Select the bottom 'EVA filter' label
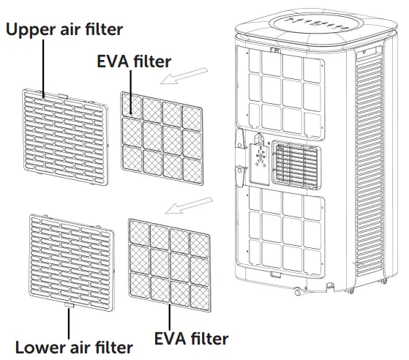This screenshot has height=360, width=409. [x=192, y=338]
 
